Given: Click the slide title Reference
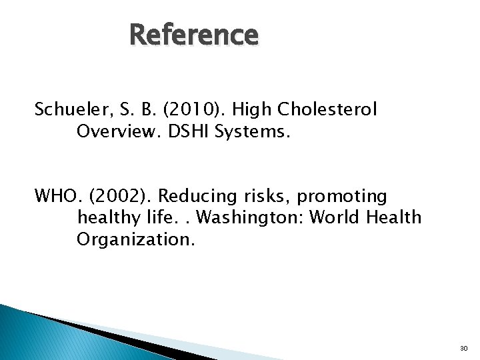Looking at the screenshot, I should tap(193, 35).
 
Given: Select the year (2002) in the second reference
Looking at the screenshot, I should tap(122, 197).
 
